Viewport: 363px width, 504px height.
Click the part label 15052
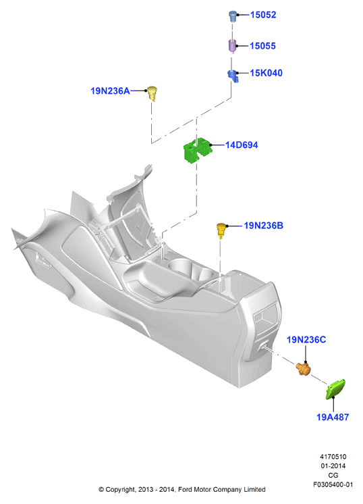pyautogui.click(x=263, y=15)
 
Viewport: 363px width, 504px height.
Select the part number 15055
pyautogui.click(x=262, y=46)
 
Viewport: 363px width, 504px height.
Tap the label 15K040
pyautogui.click(x=266, y=73)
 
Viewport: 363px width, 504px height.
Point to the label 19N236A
pyautogui.click(x=110, y=91)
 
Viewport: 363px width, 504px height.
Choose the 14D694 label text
pyautogui.click(x=242, y=145)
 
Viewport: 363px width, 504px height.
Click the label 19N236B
pyautogui.click(x=264, y=226)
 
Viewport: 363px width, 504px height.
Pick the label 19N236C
pyautogui.click(x=306, y=340)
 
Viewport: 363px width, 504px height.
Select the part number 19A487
pyautogui.click(x=333, y=418)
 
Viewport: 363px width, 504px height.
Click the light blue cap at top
pyautogui.click(x=233, y=16)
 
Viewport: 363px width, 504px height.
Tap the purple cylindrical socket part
pyautogui.click(x=232, y=46)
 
